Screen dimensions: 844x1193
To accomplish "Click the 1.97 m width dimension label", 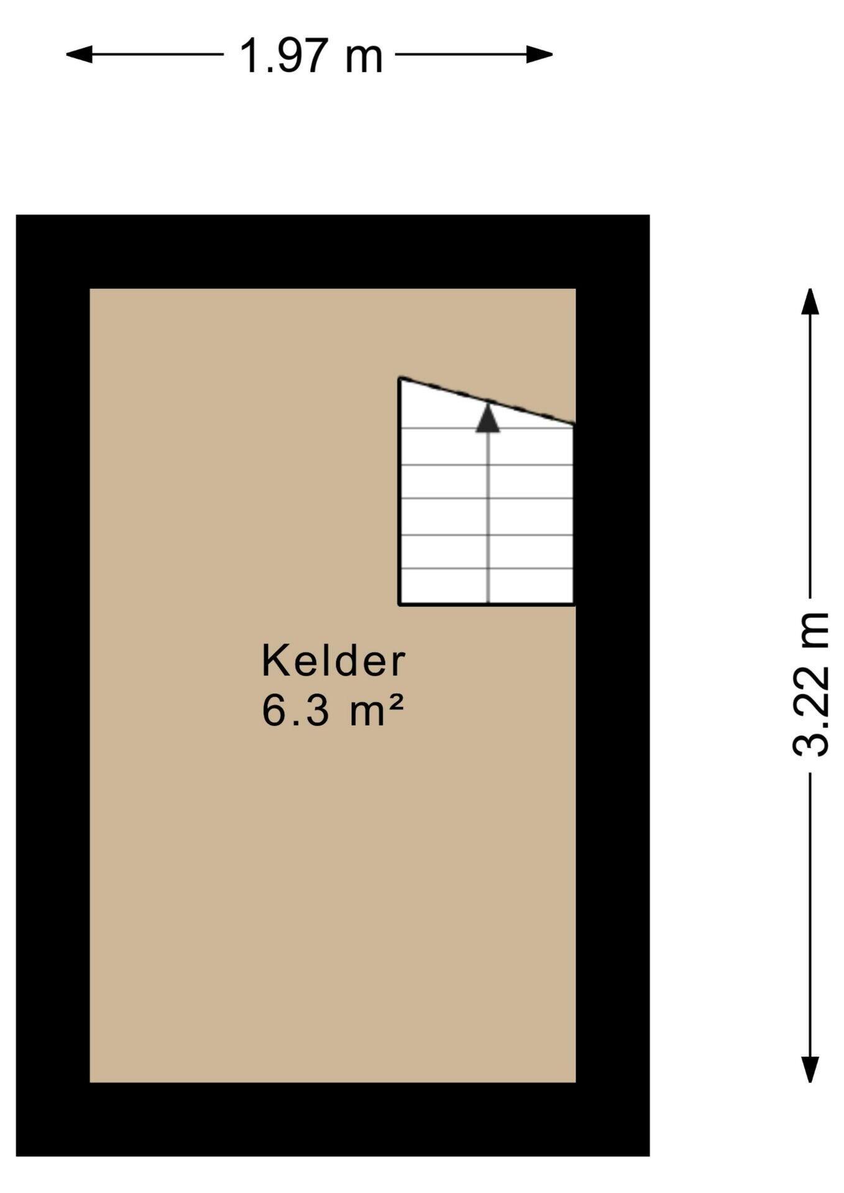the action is point(311,55).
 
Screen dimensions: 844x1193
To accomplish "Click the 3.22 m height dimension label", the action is point(811,684).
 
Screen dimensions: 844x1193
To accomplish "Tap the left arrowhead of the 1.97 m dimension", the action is point(79,55).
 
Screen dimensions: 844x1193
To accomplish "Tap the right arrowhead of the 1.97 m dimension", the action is point(539,55).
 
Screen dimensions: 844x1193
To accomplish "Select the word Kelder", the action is point(333,661).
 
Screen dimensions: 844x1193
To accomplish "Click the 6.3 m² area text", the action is point(333,710).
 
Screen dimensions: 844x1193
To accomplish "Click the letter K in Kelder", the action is point(273,661).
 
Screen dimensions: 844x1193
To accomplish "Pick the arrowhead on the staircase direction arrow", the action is point(488,418).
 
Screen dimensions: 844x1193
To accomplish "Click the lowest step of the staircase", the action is point(486,586).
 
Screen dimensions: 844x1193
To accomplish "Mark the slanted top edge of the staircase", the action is point(486,401).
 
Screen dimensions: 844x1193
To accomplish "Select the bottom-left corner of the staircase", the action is point(400,604).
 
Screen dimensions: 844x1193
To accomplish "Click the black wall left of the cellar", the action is point(53,685).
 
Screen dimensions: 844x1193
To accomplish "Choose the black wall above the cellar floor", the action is point(333,252).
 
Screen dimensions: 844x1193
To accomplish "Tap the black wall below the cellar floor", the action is point(333,1119).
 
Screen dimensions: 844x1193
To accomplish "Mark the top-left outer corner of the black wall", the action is point(16,215).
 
